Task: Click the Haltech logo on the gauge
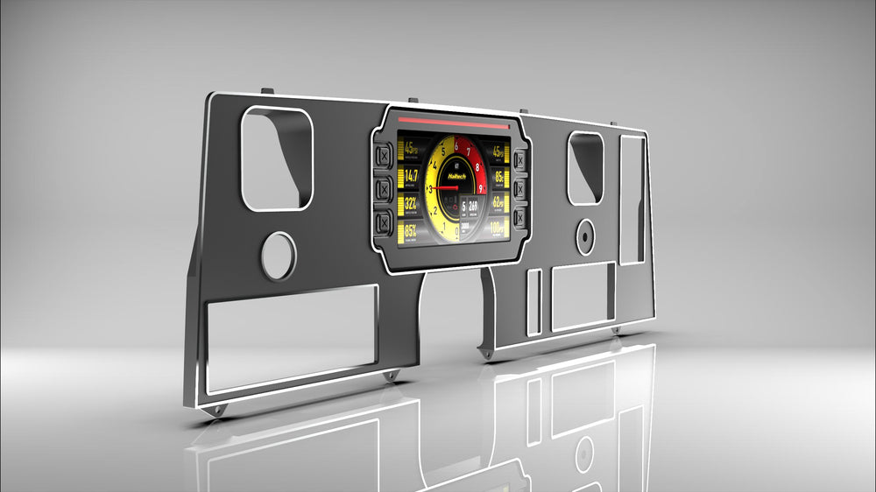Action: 458,175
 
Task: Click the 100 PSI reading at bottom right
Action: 497,228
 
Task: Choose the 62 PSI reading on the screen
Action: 497,203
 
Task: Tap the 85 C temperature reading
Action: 498,178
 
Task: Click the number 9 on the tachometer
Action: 481,186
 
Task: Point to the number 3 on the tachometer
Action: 430,188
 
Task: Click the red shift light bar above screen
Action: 453,123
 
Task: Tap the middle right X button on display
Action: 519,189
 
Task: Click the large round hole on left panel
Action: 279,257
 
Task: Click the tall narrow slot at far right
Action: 632,199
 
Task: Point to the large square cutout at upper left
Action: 276,158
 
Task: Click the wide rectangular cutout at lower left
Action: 292,337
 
